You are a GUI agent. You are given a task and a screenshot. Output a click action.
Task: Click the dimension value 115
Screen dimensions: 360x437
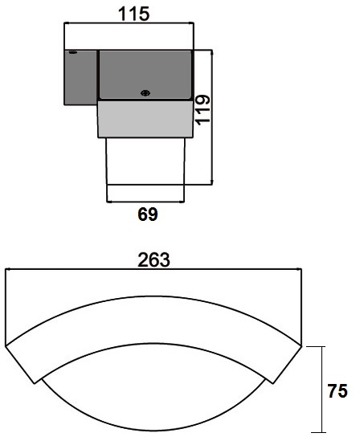134,14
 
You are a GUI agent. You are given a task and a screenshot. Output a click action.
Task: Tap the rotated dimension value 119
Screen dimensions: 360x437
202,110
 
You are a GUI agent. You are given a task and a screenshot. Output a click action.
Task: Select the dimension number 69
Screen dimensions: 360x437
148,214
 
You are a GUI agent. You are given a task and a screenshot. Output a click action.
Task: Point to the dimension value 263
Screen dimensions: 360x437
153,260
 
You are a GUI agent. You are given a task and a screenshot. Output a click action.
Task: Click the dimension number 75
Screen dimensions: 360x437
337,390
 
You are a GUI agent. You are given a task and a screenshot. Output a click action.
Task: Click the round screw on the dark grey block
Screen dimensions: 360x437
145,93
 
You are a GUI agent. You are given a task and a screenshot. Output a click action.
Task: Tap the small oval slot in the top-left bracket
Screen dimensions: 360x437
73,52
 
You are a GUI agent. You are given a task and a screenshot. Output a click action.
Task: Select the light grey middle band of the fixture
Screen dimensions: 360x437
145,119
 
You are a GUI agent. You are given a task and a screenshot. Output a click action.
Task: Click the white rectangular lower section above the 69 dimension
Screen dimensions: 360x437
145,161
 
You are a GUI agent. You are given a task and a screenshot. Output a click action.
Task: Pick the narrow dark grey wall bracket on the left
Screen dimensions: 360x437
80,77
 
